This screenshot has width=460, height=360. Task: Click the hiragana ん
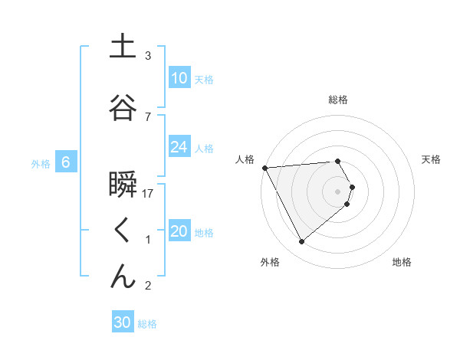click(123, 277)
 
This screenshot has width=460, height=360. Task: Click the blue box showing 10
click(179, 78)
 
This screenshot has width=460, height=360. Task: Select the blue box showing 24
click(179, 147)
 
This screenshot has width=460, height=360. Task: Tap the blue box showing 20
click(179, 231)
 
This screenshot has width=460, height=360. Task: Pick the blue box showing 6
click(66, 162)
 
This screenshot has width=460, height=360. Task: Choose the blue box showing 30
click(123, 322)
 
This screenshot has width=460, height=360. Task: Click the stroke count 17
click(149, 194)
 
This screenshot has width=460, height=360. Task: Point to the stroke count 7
click(148, 116)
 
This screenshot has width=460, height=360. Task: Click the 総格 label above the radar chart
click(338, 100)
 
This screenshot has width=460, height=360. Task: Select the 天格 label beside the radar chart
click(432, 159)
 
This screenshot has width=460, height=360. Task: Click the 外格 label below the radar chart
click(269, 263)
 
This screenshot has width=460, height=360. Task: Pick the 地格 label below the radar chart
click(402, 263)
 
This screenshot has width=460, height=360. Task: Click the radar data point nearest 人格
click(264, 167)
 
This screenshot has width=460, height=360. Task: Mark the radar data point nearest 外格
click(301, 242)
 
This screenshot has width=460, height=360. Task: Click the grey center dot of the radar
click(338, 191)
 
